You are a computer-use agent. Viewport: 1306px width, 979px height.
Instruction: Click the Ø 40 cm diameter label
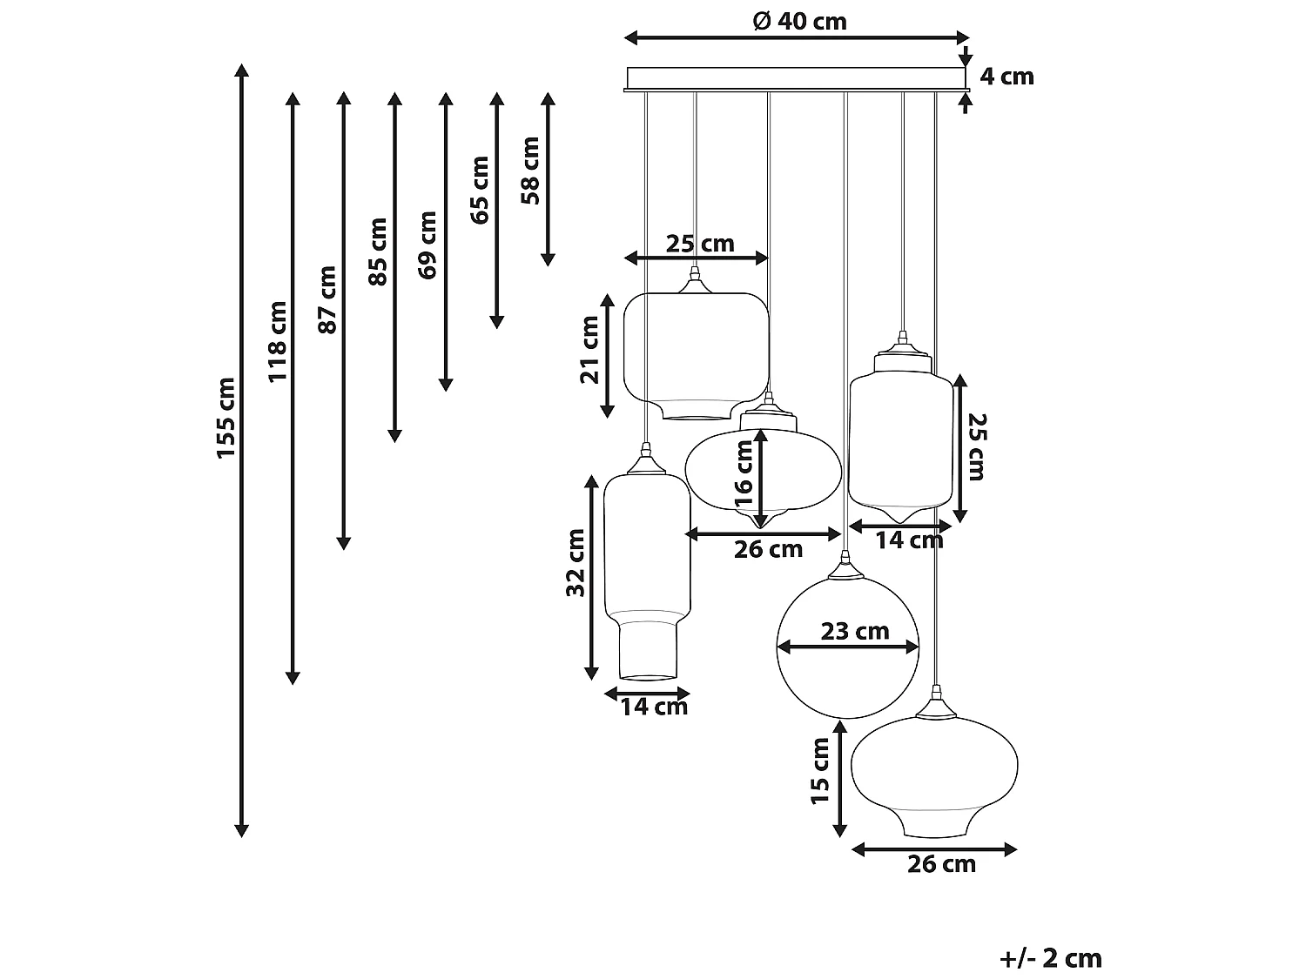(x=799, y=21)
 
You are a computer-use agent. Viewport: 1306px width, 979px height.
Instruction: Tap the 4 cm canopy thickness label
(x=1006, y=77)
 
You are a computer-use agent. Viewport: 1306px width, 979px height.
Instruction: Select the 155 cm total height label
(x=226, y=418)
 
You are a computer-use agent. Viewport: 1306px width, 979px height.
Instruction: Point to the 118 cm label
(x=277, y=341)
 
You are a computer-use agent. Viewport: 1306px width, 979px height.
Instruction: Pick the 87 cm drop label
(x=327, y=299)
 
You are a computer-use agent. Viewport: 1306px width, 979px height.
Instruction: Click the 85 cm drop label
(x=378, y=251)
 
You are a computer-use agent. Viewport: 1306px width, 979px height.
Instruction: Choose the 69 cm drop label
(x=428, y=245)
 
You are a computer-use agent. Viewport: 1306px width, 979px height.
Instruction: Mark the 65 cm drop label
(x=480, y=191)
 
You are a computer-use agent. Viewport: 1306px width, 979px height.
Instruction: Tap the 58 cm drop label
(x=530, y=171)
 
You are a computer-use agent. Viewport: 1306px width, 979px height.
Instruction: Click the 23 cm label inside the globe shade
(x=854, y=631)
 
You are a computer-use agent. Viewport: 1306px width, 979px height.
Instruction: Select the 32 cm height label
(x=576, y=562)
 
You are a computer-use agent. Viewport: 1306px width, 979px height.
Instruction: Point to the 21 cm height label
(x=590, y=349)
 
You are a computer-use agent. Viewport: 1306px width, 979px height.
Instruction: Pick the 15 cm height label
(x=820, y=770)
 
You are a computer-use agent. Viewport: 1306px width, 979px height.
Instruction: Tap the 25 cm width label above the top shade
(x=700, y=244)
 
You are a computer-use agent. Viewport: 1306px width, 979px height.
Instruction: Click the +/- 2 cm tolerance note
(x=1051, y=958)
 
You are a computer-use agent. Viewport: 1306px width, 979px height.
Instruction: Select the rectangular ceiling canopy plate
(x=796, y=78)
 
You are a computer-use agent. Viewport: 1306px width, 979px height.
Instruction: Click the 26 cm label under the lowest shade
(x=941, y=864)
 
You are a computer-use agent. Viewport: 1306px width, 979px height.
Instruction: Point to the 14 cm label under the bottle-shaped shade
(x=654, y=707)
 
